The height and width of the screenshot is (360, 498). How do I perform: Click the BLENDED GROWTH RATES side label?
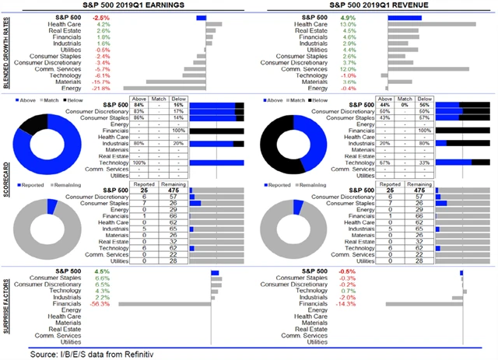pos(9,52)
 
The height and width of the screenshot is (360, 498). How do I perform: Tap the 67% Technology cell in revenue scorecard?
pos(384,162)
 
